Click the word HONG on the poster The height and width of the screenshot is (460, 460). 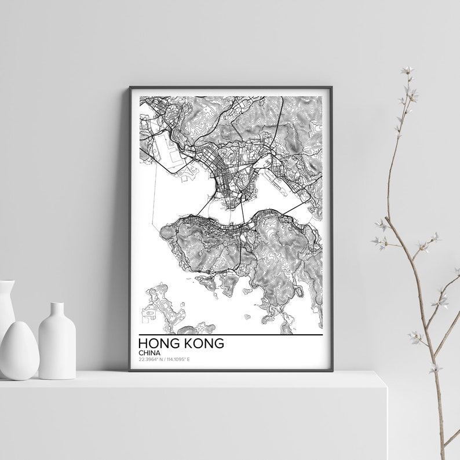click(158, 344)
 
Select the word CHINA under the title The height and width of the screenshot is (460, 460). click(149, 353)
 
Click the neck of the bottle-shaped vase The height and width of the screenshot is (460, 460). click(57, 310)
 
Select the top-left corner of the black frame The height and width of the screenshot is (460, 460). click(130, 87)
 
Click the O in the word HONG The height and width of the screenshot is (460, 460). click(152, 344)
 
